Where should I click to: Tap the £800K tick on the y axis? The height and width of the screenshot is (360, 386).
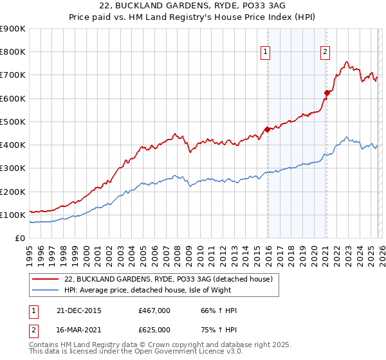tap(13, 52)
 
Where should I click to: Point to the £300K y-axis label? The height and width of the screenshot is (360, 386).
tap(13, 168)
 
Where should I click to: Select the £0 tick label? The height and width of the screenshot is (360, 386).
tap(19, 239)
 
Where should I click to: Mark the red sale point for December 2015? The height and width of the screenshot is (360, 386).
tap(267, 129)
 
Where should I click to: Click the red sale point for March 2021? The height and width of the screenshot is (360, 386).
tap(326, 93)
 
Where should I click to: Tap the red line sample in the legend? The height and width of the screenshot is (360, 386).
tap(46, 279)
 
